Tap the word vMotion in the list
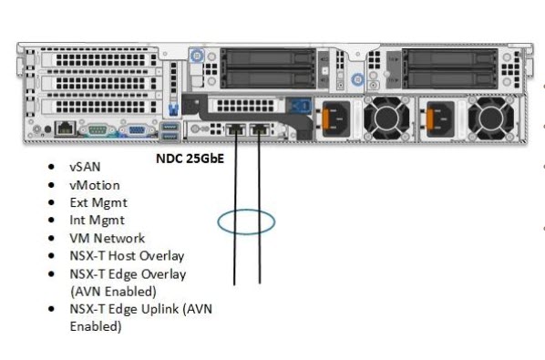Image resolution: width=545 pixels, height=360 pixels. click(94, 185)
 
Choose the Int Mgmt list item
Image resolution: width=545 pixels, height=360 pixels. click(96, 220)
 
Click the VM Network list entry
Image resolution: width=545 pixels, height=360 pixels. click(107, 238)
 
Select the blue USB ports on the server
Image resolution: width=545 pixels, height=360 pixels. click(171, 129)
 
